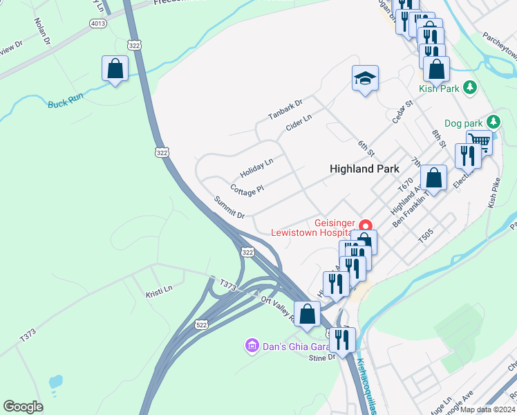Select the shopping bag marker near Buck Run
(x=115, y=68)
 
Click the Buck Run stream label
(x=66, y=101)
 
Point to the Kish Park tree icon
(x=470, y=88)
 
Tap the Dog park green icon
(x=492, y=122)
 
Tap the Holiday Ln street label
(x=256, y=167)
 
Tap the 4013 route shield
(x=97, y=24)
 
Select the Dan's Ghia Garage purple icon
(x=252, y=344)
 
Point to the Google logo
(x=23, y=407)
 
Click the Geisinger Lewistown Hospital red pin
(x=365, y=225)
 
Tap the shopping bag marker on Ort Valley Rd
(x=307, y=314)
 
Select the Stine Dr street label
(x=321, y=357)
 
